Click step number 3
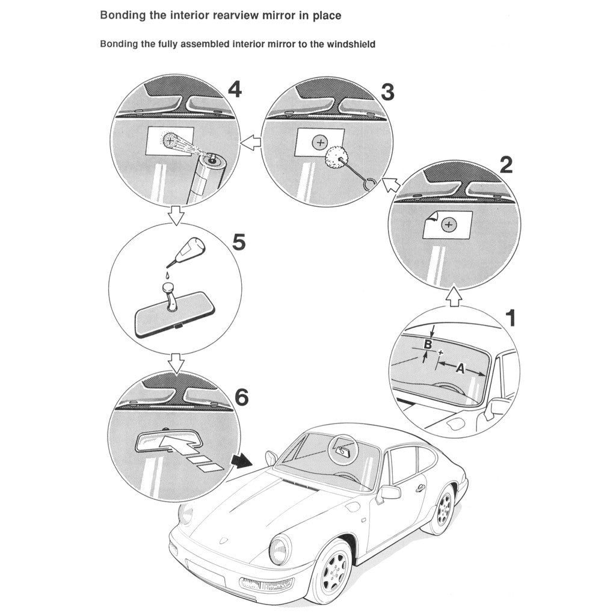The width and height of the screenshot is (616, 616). click(x=388, y=92)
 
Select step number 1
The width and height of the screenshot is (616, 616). click(x=511, y=318)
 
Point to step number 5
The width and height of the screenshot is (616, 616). click(x=238, y=242)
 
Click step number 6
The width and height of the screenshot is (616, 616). click(x=240, y=397)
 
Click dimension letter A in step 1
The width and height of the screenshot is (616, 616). click(x=460, y=368)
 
